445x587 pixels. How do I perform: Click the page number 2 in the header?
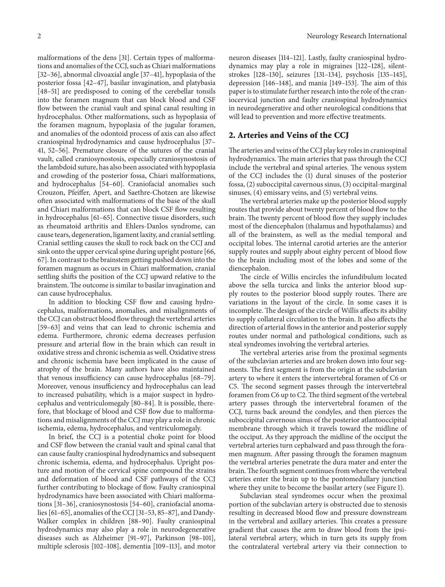coord(39,36)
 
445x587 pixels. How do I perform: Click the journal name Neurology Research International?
coord(357,36)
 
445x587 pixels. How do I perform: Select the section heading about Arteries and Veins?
coord(289,135)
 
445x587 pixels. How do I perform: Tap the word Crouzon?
coord(51,193)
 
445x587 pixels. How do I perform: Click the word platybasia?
coord(201,83)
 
